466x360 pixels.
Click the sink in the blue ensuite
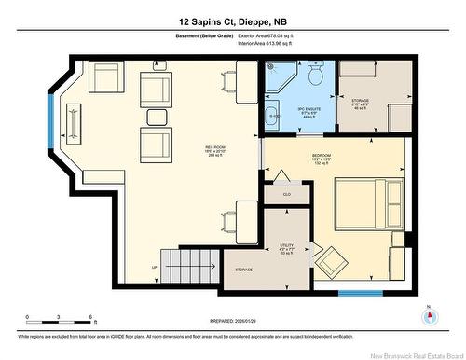[x=270, y=117]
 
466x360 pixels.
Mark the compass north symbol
[x=429, y=315]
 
